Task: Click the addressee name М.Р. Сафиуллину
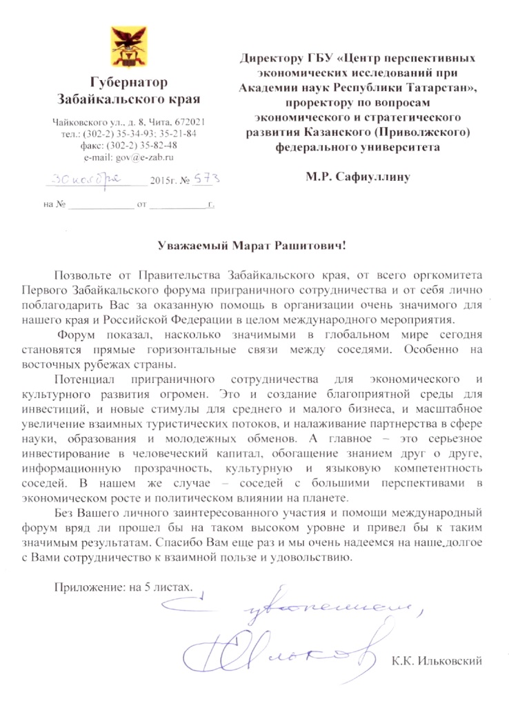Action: click(x=359, y=177)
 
